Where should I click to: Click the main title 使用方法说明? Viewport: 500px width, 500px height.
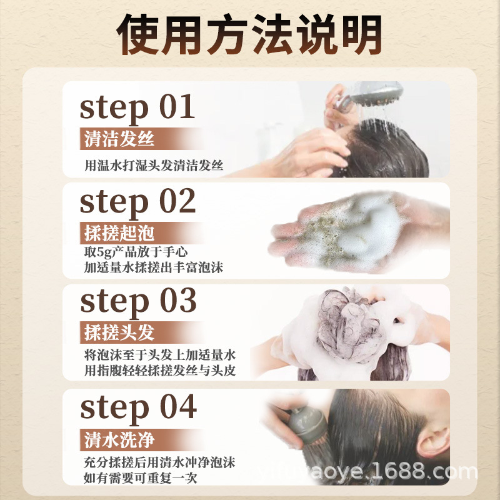click(249, 34)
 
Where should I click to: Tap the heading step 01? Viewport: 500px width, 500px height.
click(137, 107)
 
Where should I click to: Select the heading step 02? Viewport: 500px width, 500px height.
click(137, 202)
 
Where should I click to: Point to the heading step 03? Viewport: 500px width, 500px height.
click(138, 301)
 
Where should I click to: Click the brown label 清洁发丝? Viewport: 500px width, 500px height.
click(119, 139)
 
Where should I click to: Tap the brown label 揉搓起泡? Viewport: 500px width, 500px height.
click(119, 232)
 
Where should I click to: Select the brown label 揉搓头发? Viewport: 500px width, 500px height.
click(119, 332)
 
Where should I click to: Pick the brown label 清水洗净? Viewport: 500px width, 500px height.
click(119, 440)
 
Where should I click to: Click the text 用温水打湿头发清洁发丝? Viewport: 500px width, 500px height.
click(154, 165)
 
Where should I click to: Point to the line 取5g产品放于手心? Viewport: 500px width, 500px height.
click(136, 252)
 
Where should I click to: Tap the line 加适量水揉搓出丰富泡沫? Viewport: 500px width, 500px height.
click(154, 267)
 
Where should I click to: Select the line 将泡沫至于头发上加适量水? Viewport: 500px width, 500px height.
click(160, 355)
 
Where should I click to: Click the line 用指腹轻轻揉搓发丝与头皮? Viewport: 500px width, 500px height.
click(160, 371)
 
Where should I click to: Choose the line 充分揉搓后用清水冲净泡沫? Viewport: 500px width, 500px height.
click(159, 462)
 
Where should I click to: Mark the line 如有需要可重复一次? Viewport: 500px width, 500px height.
click(140, 478)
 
